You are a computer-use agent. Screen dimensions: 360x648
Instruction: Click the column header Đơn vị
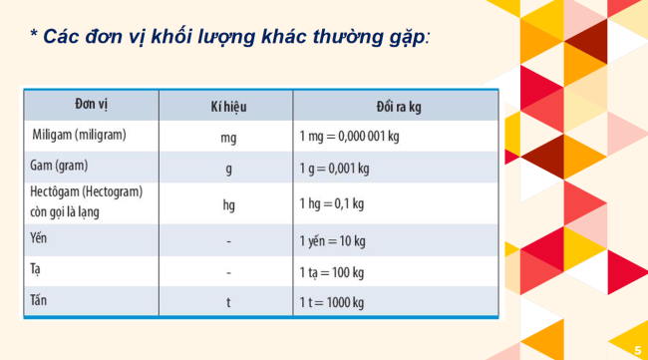[91, 105]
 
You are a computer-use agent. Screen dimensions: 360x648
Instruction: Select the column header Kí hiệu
[227, 106]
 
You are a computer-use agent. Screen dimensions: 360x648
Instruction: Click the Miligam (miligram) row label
[80, 134]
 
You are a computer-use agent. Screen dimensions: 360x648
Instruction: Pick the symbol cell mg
[228, 137]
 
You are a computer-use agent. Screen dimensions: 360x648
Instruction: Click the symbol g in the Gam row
[228, 169]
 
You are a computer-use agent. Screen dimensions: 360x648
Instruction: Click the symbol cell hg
[228, 204]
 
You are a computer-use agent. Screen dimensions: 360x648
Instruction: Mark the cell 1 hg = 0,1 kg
[331, 204]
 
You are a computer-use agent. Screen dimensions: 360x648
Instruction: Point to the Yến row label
[40, 238]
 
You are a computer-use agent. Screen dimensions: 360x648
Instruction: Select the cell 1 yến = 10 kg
[334, 240]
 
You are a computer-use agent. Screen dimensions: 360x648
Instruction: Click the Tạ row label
[36, 269]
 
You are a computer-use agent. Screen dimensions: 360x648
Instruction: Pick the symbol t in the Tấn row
[228, 302]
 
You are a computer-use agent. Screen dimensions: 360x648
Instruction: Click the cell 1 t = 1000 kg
[336, 302]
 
